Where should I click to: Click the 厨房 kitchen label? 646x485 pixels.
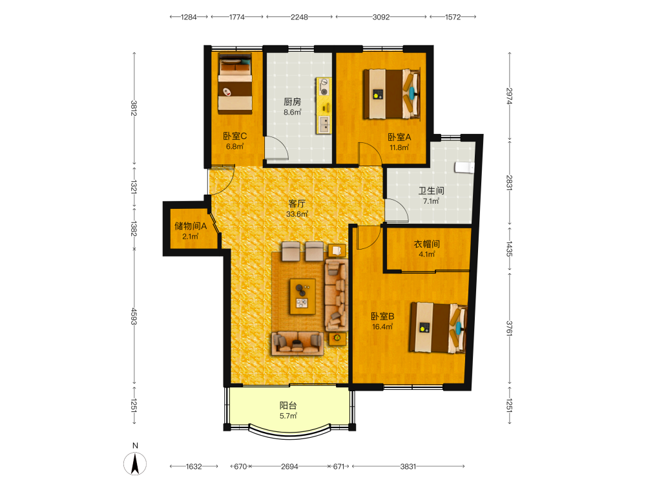point(292,102)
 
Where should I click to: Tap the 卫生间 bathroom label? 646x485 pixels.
point(431,191)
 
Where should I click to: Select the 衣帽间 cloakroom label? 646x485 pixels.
point(426,244)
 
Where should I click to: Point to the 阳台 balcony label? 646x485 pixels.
point(288,405)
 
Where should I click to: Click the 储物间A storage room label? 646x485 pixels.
point(191,226)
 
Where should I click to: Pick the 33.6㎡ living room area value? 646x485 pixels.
point(297,214)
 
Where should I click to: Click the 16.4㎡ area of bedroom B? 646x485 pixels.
point(382,327)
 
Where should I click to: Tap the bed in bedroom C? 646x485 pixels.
point(235,83)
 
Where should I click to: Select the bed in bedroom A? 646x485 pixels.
point(391,94)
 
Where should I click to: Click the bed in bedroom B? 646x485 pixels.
point(438,329)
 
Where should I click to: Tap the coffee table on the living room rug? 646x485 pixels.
point(302,297)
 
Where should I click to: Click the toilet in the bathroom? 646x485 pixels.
point(464,167)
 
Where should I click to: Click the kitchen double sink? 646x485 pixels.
point(324,124)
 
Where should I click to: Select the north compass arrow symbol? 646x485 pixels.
point(135,464)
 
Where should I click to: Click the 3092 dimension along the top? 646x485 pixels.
point(380,17)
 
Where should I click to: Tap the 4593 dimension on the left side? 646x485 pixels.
point(134,316)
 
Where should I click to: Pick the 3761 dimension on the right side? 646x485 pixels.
point(510,329)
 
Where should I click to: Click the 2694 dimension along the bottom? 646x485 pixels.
point(289,466)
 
